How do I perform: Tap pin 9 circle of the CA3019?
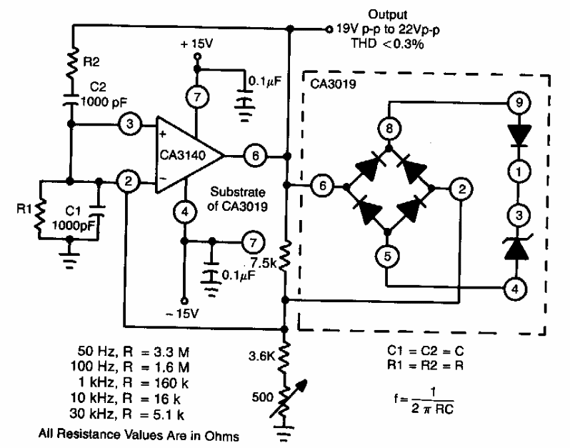pyautogui.click(x=519, y=103)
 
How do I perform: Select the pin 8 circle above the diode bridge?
pyautogui.click(x=389, y=129)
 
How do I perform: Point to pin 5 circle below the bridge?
pyautogui.click(x=387, y=257)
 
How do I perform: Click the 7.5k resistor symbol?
pyautogui.click(x=285, y=256)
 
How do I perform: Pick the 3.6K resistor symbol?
pyautogui.click(x=284, y=357)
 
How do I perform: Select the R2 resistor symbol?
pyautogui.click(x=73, y=63)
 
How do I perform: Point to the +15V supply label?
pyautogui.click(x=196, y=44)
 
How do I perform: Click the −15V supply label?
pyautogui.click(x=182, y=314)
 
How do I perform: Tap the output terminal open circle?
pyautogui.click(x=329, y=29)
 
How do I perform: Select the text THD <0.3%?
pyautogui.click(x=388, y=44)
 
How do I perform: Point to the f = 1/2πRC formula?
pyautogui.click(x=424, y=400)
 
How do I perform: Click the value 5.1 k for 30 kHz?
pyautogui.click(x=169, y=414)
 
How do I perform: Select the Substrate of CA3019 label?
pyautogui.click(x=237, y=199)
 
